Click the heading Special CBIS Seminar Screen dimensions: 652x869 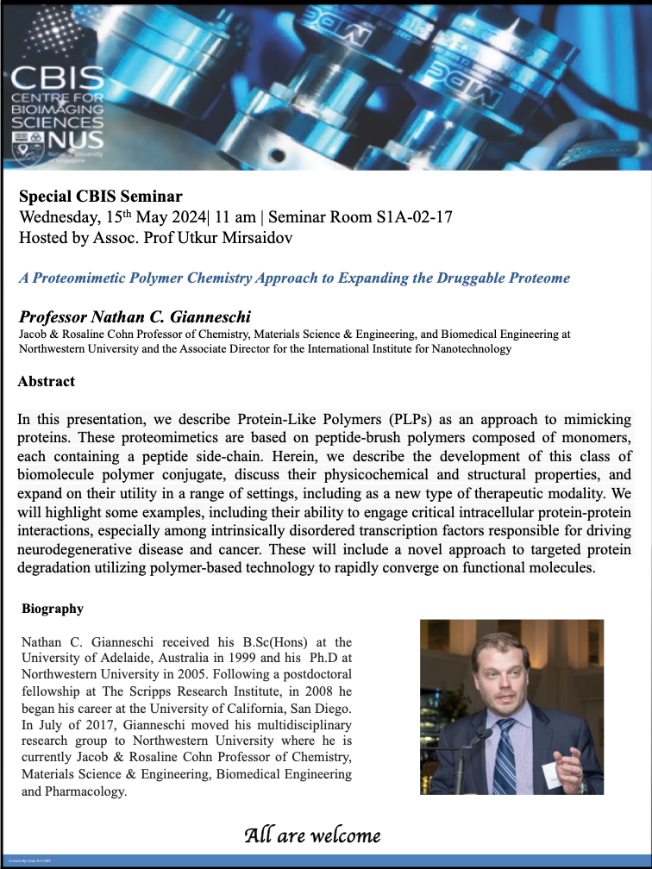(100, 197)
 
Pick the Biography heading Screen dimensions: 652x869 (53, 609)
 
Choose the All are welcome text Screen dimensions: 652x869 (312, 835)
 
